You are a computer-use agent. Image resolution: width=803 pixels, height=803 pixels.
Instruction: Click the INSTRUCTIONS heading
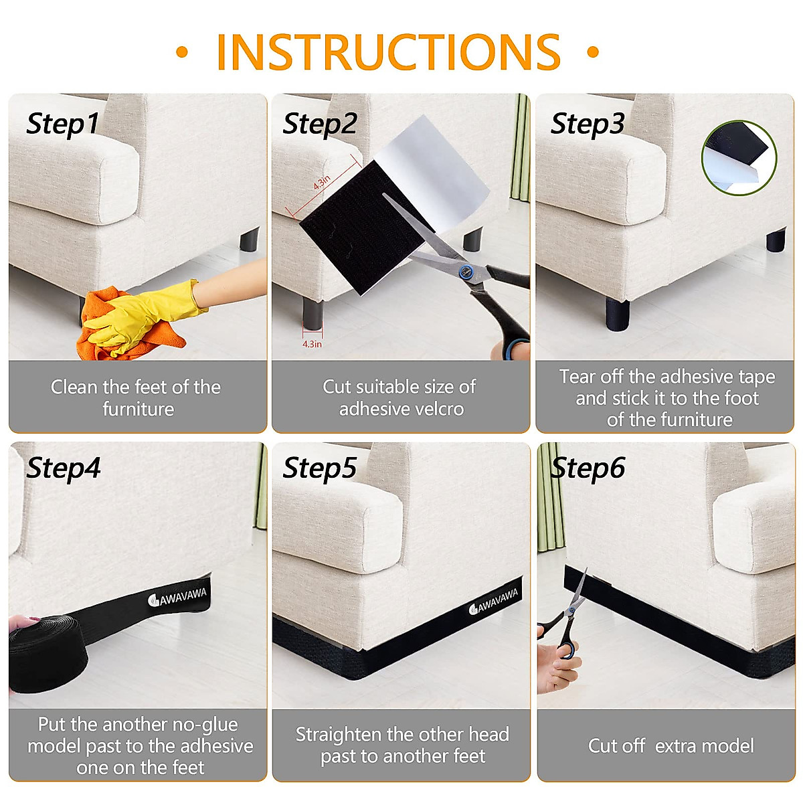pos(388,52)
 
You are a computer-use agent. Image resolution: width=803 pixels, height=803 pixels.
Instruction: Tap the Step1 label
pos(62,124)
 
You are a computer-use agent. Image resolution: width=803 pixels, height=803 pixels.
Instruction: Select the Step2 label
pos(320,124)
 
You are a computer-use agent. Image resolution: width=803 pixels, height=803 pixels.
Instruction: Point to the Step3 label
pos(587,124)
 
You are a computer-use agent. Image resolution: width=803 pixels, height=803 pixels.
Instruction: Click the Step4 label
pos(64,468)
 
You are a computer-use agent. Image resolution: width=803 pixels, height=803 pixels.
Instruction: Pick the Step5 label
pos(320,468)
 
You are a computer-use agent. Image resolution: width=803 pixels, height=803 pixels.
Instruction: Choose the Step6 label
pos(588,468)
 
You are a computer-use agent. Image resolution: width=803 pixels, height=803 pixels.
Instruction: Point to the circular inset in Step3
pos(739,157)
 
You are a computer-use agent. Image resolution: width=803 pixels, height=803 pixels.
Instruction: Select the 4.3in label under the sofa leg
pos(312,344)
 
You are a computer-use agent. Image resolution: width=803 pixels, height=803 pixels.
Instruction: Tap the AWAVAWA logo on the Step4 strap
pos(177,597)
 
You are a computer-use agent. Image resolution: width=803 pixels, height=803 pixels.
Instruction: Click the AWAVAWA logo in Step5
pos(493,601)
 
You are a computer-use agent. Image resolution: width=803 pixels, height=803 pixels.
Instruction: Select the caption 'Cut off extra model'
pos(671,746)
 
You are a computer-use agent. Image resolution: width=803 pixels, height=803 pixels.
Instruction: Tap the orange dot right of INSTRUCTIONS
pos(593,52)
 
